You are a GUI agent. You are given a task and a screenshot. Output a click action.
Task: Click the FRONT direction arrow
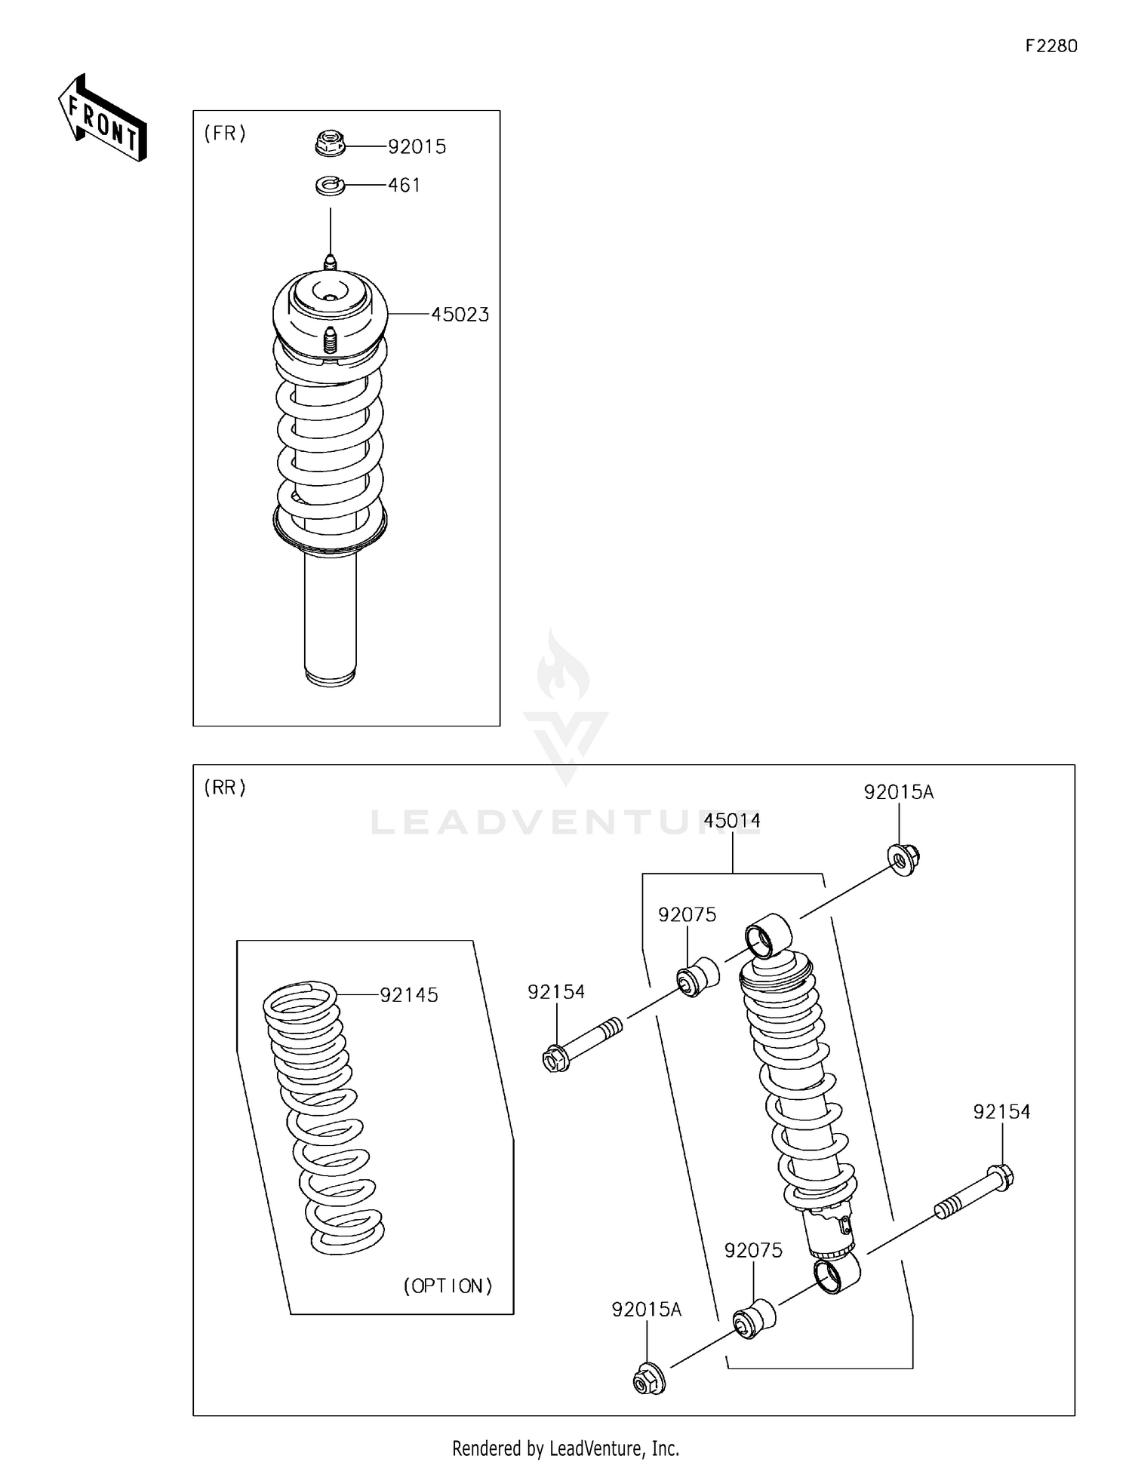tap(102, 119)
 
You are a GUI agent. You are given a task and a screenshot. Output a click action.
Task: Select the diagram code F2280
tap(1050, 46)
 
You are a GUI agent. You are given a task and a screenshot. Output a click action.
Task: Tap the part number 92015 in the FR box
tap(417, 147)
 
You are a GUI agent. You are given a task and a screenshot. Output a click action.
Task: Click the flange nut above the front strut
tap(330, 143)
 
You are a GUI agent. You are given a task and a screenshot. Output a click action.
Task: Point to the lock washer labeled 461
tap(330, 185)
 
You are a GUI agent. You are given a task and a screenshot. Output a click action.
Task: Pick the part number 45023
tap(460, 315)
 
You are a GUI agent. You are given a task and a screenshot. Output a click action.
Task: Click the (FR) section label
tap(225, 134)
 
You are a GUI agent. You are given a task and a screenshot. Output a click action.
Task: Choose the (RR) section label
tap(225, 788)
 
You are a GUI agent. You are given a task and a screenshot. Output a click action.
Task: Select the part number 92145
tap(408, 995)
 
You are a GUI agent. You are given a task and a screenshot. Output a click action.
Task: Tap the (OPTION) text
tap(448, 1285)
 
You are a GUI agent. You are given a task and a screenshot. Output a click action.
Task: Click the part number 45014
tap(731, 820)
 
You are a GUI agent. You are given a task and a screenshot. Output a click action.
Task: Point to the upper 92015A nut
tap(903, 859)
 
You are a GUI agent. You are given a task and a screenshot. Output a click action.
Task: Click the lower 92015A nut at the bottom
tap(648, 1378)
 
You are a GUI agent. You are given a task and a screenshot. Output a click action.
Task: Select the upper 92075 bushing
tap(697, 977)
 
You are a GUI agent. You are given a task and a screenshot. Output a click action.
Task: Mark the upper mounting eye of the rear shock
tap(768, 935)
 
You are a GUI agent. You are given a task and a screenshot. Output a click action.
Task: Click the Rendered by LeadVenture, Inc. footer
tap(565, 1448)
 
